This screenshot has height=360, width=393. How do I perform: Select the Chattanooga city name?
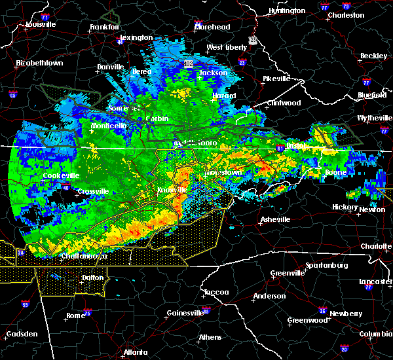pos(84,257)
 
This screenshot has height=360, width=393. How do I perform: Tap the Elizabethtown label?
pos(39,63)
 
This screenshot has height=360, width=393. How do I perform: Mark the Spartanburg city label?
pos(325,266)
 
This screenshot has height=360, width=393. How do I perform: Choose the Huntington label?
pos(287,11)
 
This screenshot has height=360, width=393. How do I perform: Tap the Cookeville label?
pos(61,175)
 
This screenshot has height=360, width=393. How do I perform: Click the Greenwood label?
pos(307,321)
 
